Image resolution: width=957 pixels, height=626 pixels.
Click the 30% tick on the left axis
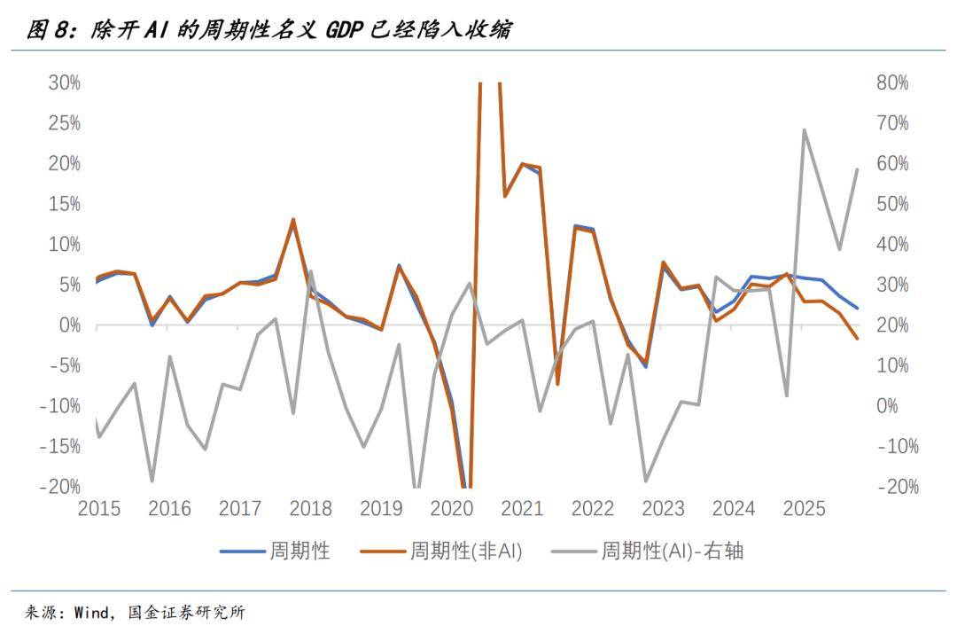64,82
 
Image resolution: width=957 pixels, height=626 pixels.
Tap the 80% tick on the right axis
892,82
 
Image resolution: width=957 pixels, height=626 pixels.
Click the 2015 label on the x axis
99,509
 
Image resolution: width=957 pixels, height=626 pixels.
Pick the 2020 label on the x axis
452,509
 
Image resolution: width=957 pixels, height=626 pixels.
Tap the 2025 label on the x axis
805,509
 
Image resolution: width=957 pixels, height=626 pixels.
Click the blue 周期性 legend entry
275,551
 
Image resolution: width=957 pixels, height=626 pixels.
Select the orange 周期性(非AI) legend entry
441,551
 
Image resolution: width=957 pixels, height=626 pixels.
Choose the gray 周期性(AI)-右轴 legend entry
647,551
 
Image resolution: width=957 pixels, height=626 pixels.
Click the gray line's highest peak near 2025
804,129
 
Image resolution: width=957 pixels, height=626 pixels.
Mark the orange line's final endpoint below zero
857,339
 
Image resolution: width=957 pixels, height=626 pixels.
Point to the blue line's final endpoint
857,308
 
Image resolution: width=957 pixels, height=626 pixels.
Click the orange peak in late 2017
293,219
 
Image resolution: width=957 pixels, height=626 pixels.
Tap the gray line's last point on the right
857,169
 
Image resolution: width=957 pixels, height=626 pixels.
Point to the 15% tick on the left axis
64,204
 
